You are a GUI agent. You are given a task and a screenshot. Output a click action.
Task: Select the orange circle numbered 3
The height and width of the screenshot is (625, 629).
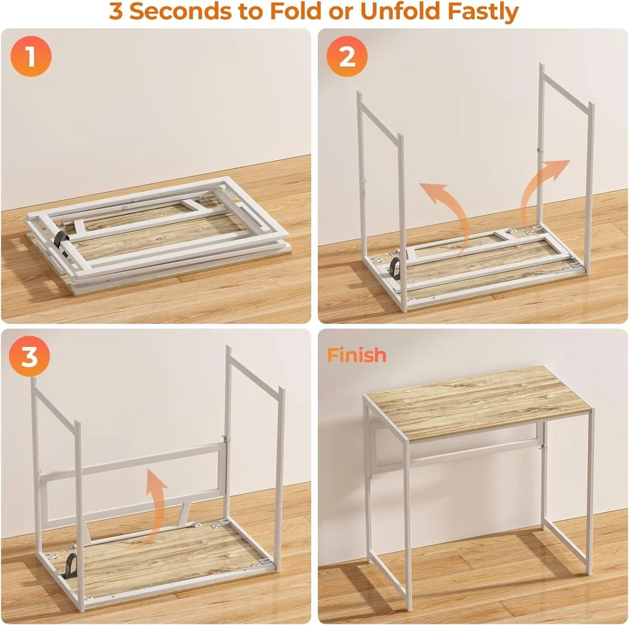click(29, 357)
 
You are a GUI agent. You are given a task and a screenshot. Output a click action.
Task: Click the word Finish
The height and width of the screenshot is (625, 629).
click(357, 355)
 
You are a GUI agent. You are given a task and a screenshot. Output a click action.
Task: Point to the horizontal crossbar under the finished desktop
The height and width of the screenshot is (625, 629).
click(472, 452)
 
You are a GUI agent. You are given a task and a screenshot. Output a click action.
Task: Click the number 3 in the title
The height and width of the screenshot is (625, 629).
click(116, 12)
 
